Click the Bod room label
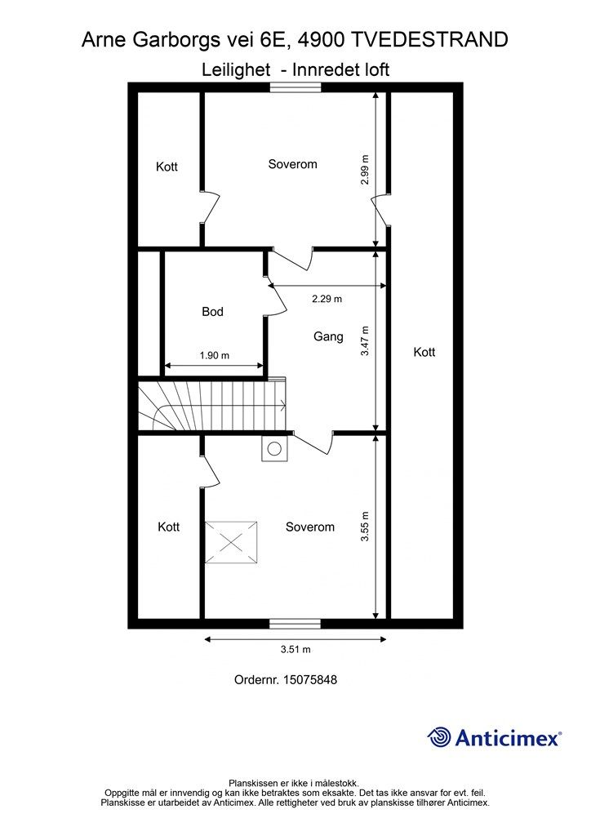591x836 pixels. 212,312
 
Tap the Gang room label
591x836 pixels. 328,336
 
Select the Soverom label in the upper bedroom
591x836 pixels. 292,164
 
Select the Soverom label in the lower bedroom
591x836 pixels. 309,527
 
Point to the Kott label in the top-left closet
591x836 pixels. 167,167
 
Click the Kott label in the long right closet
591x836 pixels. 424,353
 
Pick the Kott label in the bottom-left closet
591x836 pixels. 168,527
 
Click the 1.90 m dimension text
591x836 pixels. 214,356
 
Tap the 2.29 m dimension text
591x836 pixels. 327,299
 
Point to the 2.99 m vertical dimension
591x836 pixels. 365,170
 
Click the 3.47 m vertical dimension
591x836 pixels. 365,341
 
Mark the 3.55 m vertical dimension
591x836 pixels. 365,527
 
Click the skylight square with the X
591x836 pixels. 231,542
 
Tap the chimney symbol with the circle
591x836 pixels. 273,448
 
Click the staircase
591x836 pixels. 212,405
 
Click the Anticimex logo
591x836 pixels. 495,737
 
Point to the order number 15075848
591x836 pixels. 285,679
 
